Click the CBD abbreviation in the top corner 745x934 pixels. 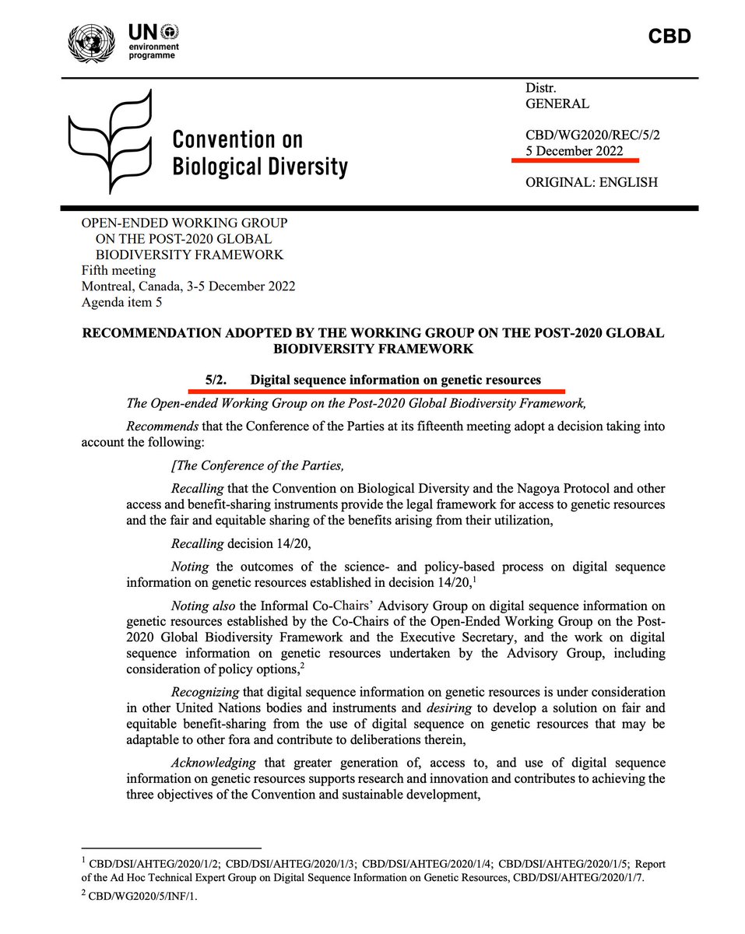pos(669,37)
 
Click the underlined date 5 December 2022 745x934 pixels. pos(575,151)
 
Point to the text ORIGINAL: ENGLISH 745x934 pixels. pos(592,182)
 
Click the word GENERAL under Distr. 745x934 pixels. pos(557,104)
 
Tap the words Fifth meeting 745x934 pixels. pos(118,271)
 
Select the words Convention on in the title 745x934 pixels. pos(237,140)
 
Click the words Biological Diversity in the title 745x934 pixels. pos(260,167)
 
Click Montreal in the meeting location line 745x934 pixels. pos(107,286)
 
